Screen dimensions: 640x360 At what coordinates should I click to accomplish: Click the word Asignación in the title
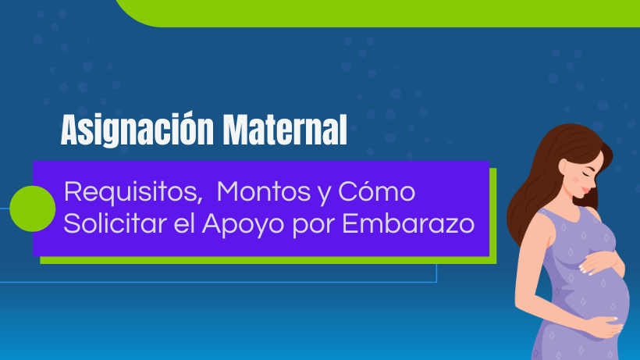(x=137, y=130)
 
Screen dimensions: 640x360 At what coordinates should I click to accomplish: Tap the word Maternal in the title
(x=286, y=130)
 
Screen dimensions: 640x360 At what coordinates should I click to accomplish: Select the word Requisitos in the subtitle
(x=133, y=193)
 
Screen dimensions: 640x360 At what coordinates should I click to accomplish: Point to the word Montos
(x=264, y=191)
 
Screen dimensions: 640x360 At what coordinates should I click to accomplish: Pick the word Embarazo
(x=408, y=223)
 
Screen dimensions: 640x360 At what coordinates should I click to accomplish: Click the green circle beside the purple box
(x=32, y=209)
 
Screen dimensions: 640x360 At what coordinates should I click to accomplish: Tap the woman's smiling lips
(x=585, y=191)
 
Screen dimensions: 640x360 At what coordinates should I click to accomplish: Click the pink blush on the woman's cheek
(x=576, y=180)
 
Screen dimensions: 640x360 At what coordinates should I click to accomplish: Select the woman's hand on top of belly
(x=601, y=262)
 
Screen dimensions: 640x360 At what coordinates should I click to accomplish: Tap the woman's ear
(x=563, y=166)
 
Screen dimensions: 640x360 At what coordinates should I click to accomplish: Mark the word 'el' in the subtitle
(x=184, y=223)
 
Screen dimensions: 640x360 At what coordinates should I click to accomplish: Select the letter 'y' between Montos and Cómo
(x=325, y=194)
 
